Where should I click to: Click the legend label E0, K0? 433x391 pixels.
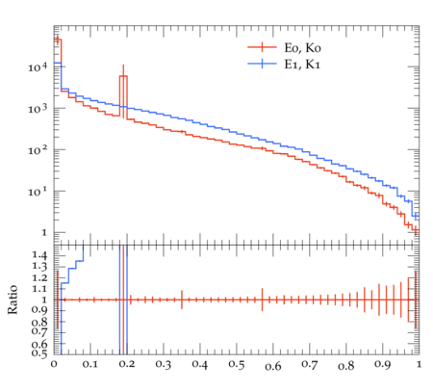(x=302, y=48)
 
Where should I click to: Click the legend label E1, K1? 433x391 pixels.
(x=302, y=65)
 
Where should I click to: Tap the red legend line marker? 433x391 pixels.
(x=262, y=47)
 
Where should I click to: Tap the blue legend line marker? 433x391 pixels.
(x=262, y=64)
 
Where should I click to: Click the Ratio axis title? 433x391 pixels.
(x=13, y=300)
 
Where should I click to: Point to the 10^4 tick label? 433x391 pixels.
(x=38, y=67)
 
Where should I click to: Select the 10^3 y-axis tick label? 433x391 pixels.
(x=38, y=109)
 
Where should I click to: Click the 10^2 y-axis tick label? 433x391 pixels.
(x=38, y=150)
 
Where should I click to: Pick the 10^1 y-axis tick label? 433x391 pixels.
(x=38, y=192)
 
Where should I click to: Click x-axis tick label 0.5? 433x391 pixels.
(x=237, y=365)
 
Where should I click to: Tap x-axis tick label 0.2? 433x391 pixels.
(x=127, y=365)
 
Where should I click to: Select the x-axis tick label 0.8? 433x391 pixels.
(x=346, y=365)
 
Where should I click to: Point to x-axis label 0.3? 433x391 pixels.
(x=164, y=365)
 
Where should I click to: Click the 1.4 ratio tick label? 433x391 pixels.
(x=39, y=255)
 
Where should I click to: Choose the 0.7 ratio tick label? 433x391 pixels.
(x=39, y=331)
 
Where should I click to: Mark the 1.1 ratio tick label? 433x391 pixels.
(x=39, y=289)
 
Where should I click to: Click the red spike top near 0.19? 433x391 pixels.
(x=123, y=76)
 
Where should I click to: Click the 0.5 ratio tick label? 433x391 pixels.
(x=39, y=353)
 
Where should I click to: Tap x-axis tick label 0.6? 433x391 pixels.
(x=273, y=366)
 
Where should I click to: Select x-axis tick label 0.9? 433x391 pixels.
(x=383, y=365)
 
